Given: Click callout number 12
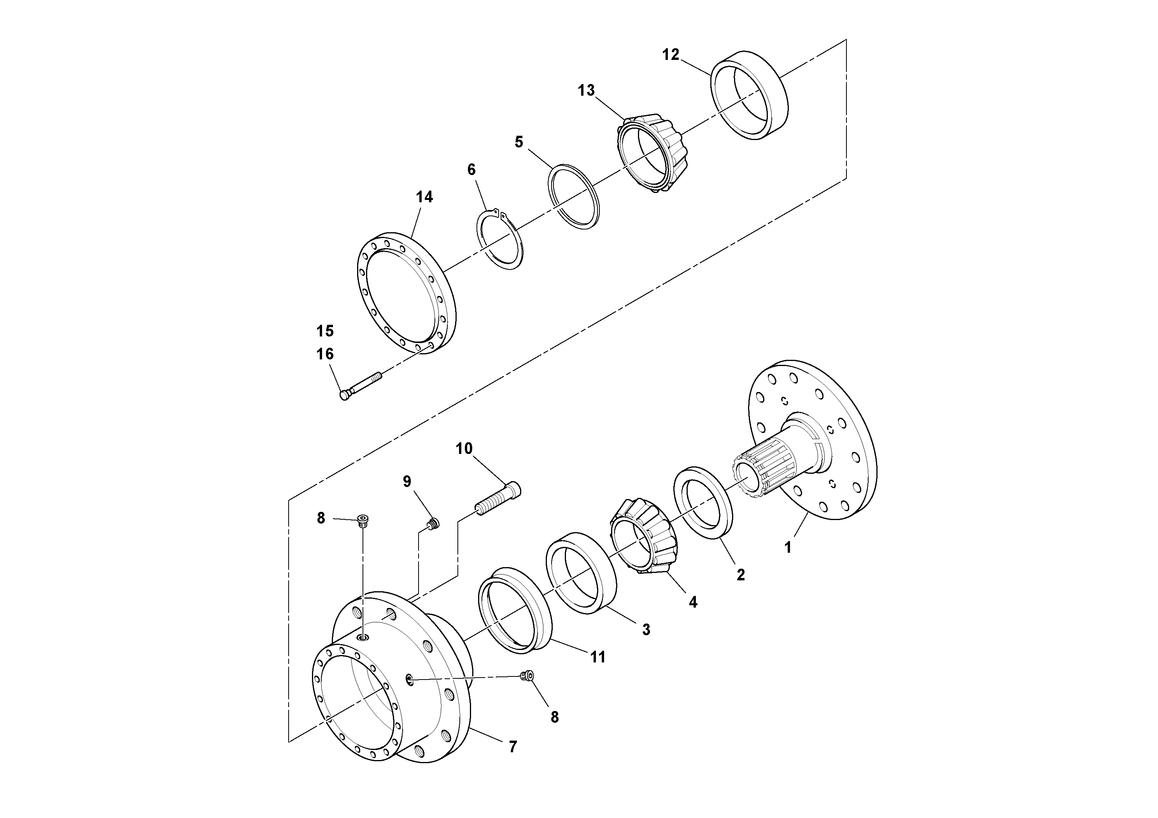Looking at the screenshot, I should pyautogui.click(x=670, y=54).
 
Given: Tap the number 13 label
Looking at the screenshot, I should pyautogui.click(x=586, y=91).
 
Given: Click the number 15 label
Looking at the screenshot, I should pyautogui.click(x=325, y=331).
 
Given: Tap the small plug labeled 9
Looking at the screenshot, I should pyautogui.click(x=433, y=524).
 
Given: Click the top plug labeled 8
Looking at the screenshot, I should pyautogui.click(x=362, y=519).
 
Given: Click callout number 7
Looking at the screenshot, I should pyautogui.click(x=512, y=747).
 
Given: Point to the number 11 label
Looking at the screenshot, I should pyautogui.click(x=597, y=657).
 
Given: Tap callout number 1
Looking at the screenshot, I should pyautogui.click(x=787, y=547).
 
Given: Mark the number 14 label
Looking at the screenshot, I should pyautogui.click(x=424, y=197).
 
